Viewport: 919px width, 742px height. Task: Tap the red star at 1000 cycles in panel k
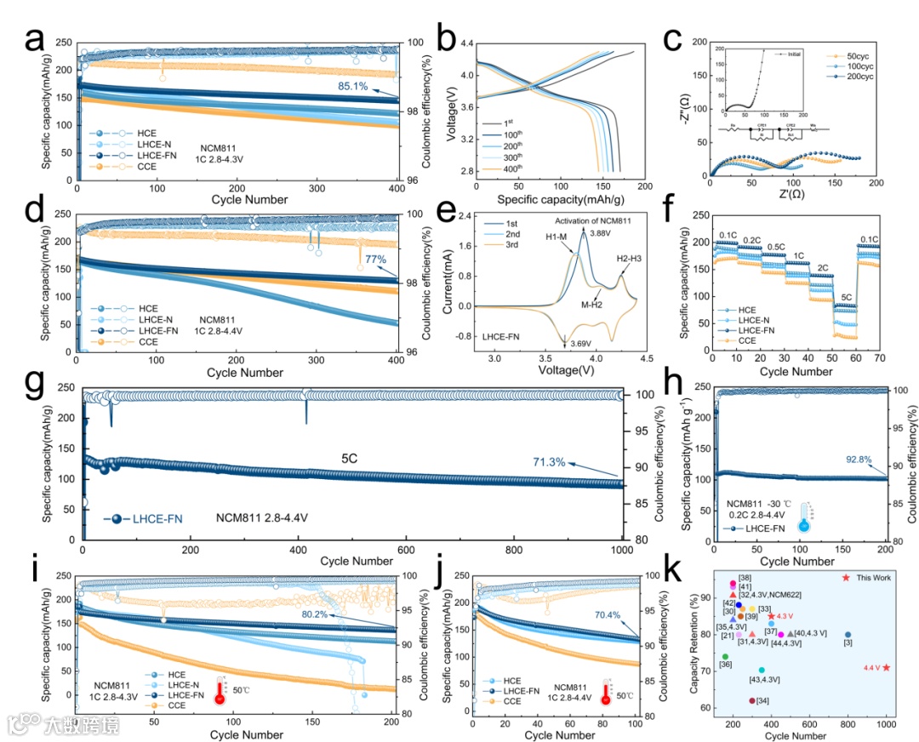(x=886, y=667)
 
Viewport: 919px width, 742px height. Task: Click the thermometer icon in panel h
(x=803, y=516)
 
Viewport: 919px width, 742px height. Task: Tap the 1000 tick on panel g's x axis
(x=623, y=550)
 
